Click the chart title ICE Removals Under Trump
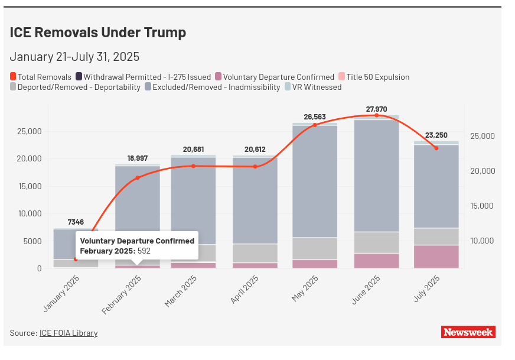(x=97, y=33)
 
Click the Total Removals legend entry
(x=41, y=77)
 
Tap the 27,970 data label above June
(x=377, y=109)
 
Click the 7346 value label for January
(x=76, y=222)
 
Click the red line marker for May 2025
(x=315, y=125)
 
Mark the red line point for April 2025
(x=255, y=167)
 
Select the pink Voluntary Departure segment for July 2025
(x=436, y=257)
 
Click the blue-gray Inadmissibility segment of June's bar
(x=377, y=177)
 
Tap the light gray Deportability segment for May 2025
(x=315, y=248)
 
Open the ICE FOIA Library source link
(x=69, y=333)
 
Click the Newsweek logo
(x=468, y=332)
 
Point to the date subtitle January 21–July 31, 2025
(x=74, y=57)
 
